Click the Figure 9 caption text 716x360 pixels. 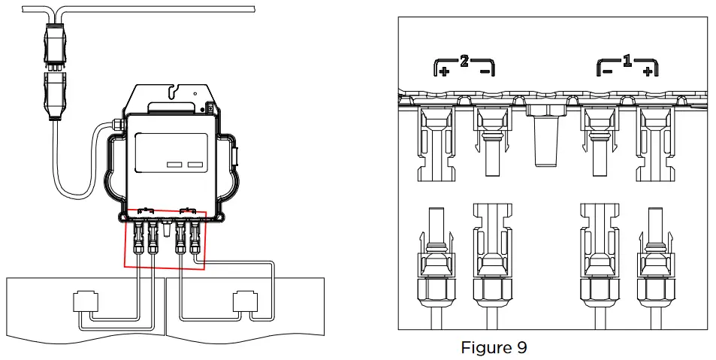coord(494,347)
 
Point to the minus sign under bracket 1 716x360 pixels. coord(607,71)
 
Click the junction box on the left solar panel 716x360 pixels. coord(84,302)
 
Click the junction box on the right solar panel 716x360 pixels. coord(245,302)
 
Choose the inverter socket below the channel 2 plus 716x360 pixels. coord(434,143)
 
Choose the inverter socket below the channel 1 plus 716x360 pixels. coord(653,143)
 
